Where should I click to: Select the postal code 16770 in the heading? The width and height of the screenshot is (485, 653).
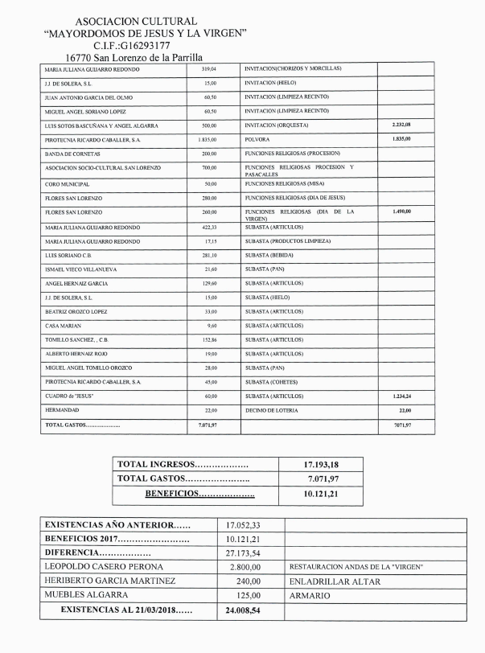pyautogui.click(x=81, y=58)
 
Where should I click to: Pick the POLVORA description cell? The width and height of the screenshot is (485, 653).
pyautogui.click(x=258, y=139)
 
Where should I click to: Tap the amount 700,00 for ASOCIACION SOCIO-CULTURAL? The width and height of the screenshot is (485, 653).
pyautogui.click(x=209, y=168)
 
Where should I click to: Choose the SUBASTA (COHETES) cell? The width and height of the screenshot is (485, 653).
pyautogui.click(x=275, y=381)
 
